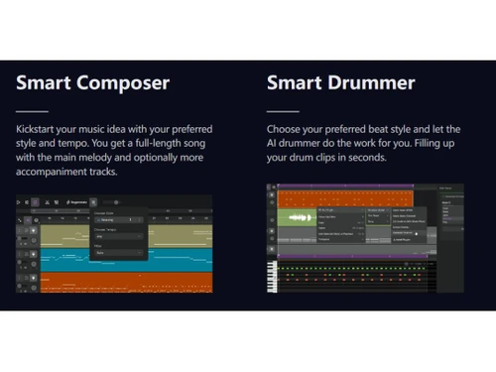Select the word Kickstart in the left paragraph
[38, 130]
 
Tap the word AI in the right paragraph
[275, 144]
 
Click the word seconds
[361, 158]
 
